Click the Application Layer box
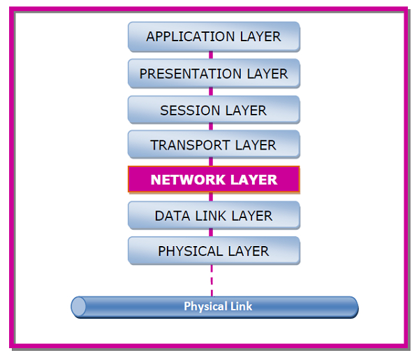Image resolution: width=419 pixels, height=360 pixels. point(214,37)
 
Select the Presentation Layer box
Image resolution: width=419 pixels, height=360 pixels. point(214,73)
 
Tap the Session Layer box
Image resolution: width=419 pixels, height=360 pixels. point(214,110)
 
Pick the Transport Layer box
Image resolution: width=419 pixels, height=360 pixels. point(214,145)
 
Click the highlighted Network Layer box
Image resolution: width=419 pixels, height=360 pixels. point(214,180)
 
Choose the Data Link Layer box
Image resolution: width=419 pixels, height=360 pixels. point(214,216)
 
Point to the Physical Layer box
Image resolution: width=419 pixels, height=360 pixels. point(214,251)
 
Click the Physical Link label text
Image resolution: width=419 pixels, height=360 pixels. point(218,306)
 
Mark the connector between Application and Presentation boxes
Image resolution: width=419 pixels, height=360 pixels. point(212,55)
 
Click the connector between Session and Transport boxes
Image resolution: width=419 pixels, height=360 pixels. point(212,127)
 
